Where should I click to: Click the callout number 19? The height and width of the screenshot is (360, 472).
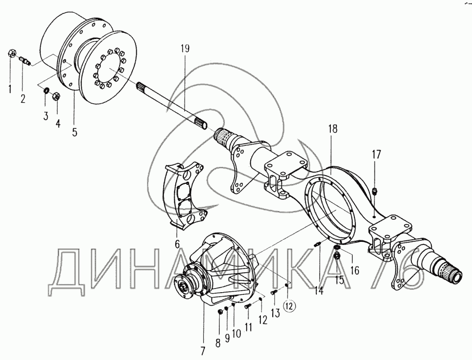(x=185, y=49)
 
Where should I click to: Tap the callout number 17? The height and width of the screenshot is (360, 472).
(x=376, y=154)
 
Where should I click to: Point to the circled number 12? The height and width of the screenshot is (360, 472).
(x=291, y=306)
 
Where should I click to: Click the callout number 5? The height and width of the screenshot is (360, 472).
(x=74, y=132)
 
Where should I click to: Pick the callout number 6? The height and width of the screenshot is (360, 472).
(x=177, y=243)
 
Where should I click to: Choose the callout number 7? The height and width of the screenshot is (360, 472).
(x=203, y=351)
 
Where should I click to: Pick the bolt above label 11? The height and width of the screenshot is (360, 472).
(x=248, y=306)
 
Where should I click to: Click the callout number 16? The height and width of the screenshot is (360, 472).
(x=354, y=270)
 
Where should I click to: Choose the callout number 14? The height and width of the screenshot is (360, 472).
(x=319, y=290)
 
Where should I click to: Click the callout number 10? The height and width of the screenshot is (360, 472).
(x=236, y=333)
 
